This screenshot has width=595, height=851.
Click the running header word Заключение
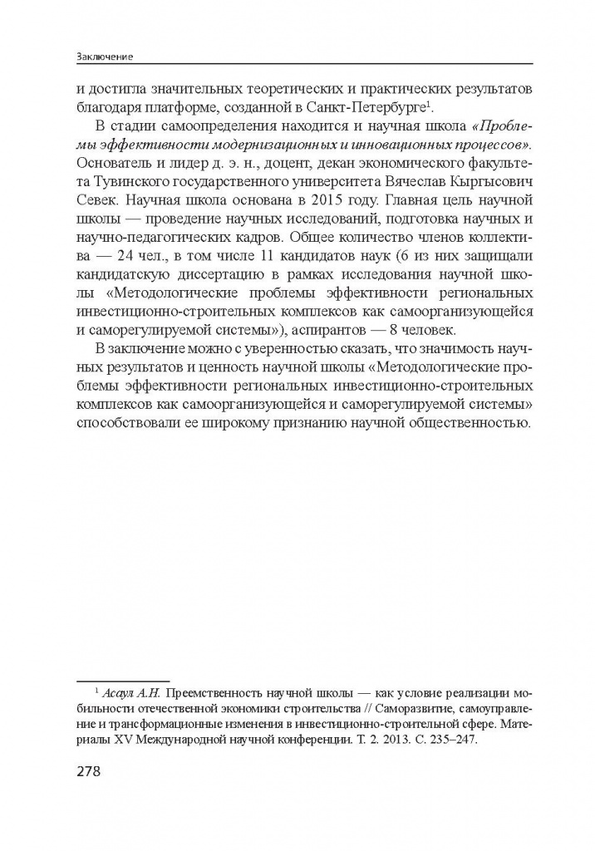coord(105,57)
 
